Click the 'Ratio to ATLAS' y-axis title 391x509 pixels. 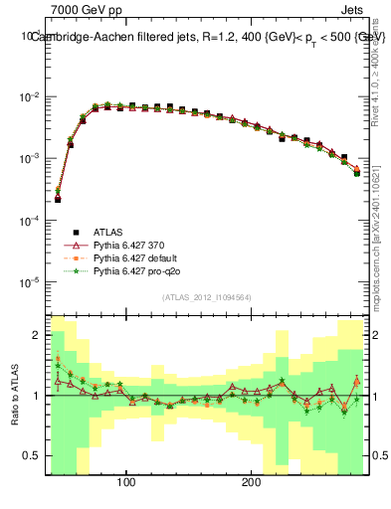click(x=13, y=395)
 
